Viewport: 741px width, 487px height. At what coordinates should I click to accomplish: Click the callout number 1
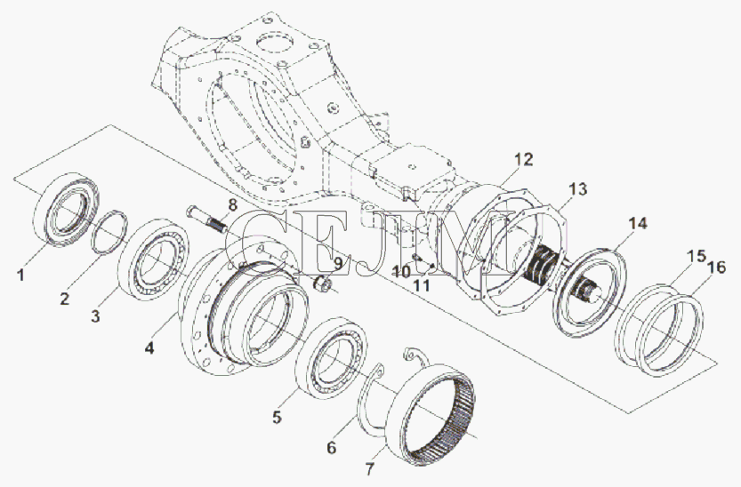coord(20,275)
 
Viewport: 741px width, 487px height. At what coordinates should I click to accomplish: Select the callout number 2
coord(65,299)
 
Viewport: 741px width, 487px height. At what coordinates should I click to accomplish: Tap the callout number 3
coord(95,315)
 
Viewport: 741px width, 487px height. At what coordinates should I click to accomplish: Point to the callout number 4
coord(149,348)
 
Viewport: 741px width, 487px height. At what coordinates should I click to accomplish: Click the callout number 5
coord(277,417)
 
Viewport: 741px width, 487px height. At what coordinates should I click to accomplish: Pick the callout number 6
coord(331,447)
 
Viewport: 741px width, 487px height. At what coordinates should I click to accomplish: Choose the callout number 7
coord(369,469)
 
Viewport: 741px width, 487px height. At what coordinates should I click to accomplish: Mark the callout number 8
coord(232,205)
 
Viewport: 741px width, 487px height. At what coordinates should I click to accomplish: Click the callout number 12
coord(523,159)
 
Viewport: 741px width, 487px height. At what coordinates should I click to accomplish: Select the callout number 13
coord(577,189)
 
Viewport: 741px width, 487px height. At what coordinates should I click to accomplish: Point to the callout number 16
coord(716,267)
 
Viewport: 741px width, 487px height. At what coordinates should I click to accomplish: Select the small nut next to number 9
coord(323,284)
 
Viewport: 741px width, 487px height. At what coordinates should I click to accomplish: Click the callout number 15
coord(696,256)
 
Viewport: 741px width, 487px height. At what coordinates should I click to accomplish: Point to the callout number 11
coord(422,285)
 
